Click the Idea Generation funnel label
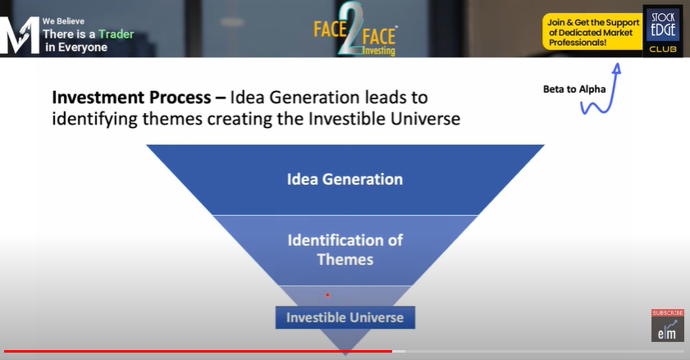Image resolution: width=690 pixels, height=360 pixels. coord(345,179)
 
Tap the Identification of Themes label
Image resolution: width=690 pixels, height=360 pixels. coord(345,249)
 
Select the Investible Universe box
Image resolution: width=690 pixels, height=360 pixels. coord(345,317)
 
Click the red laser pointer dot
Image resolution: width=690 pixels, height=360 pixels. coord(327,295)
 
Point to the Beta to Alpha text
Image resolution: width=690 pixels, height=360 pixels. coord(574,89)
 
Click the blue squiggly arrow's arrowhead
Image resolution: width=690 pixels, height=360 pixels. coord(617,67)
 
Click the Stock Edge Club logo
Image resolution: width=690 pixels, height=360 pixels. coord(663,31)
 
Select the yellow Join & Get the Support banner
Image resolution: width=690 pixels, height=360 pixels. coord(592,32)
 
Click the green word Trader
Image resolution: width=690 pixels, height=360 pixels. coord(117,34)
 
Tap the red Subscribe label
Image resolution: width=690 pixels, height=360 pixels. coord(668,313)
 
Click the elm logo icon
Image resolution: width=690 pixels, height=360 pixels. coord(668,329)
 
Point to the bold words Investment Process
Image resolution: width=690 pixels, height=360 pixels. coord(131,98)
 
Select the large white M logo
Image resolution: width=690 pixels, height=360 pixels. coord(19,35)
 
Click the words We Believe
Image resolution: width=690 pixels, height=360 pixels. coord(63,21)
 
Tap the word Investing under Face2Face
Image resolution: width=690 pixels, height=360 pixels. coord(379,51)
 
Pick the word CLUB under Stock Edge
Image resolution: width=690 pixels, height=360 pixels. coord(663,49)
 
